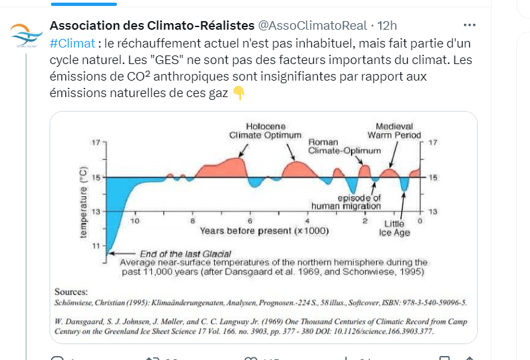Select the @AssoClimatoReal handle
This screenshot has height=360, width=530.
pyautogui.click(x=312, y=26)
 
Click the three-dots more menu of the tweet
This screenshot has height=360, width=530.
pyautogui.click(x=469, y=25)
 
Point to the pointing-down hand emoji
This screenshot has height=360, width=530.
pyautogui.click(x=239, y=93)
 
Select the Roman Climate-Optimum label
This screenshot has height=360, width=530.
pyautogui.click(x=344, y=146)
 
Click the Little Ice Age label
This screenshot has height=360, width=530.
pyautogui.click(x=398, y=228)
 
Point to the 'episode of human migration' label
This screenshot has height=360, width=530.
pyautogui.click(x=359, y=201)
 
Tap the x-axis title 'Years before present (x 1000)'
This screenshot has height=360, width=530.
pyautogui.click(x=264, y=231)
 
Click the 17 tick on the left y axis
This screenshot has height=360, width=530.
pyautogui.click(x=96, y=143)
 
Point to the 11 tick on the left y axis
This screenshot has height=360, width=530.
pyautogui.click(x=96, y=245)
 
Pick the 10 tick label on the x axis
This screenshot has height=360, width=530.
pyautogui.click(x=135, y=221)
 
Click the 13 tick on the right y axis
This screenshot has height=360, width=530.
pyautogui.click(x=433, y=211)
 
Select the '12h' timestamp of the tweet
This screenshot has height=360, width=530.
pyautogui.click(x=386, y=26)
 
